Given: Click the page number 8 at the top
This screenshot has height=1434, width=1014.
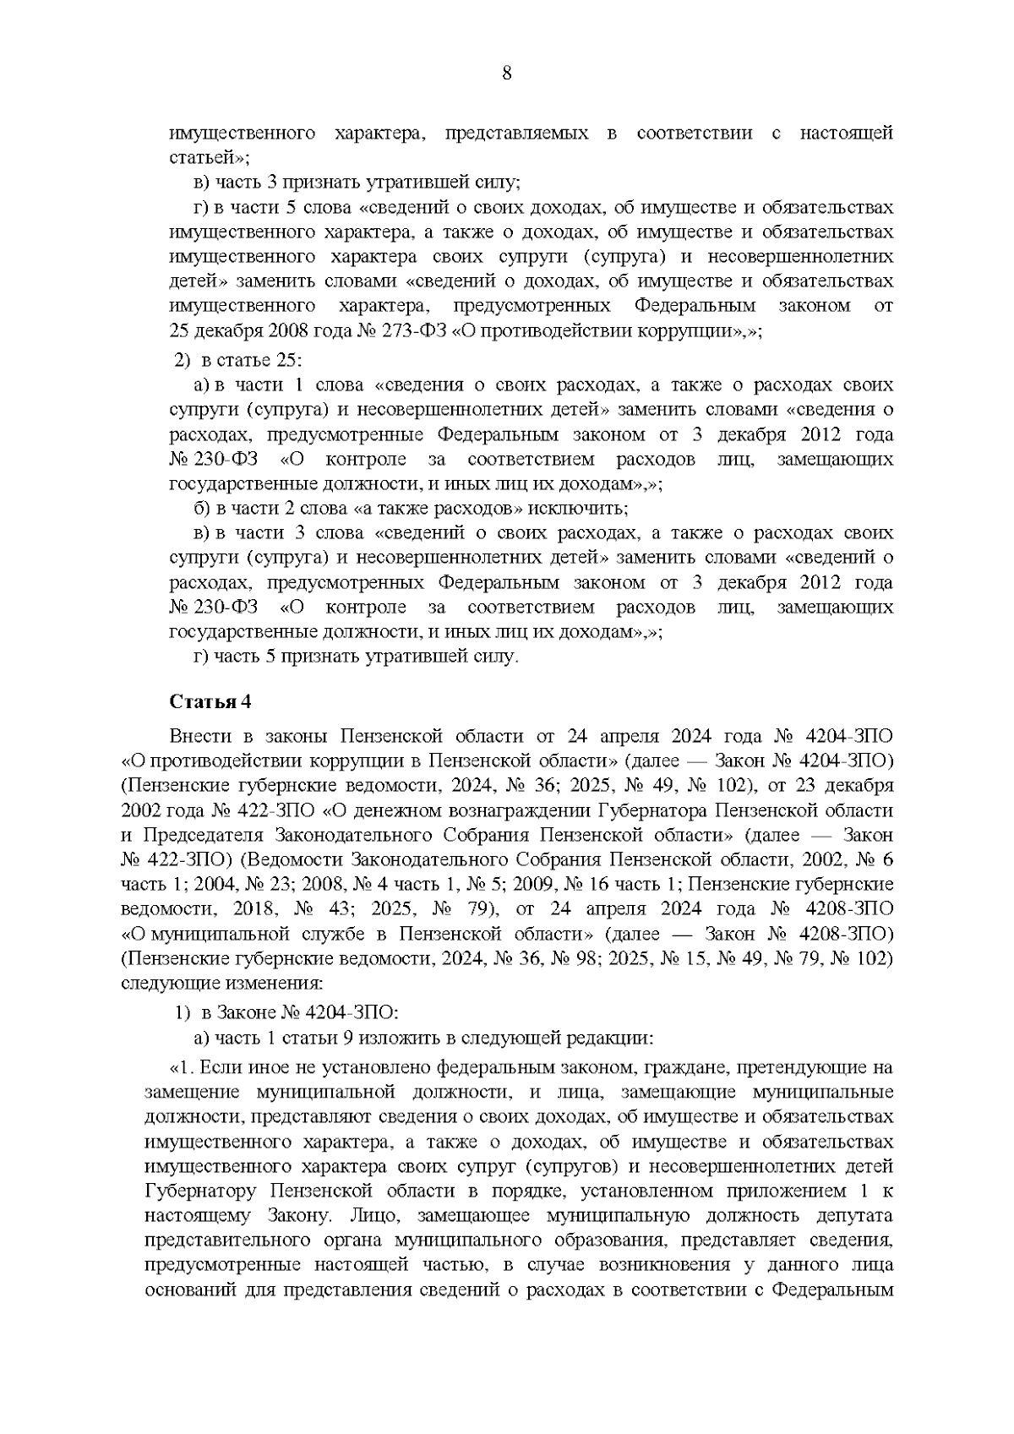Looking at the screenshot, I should click(506, 74).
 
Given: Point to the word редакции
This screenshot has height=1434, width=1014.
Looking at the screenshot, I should click(614, 1037).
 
